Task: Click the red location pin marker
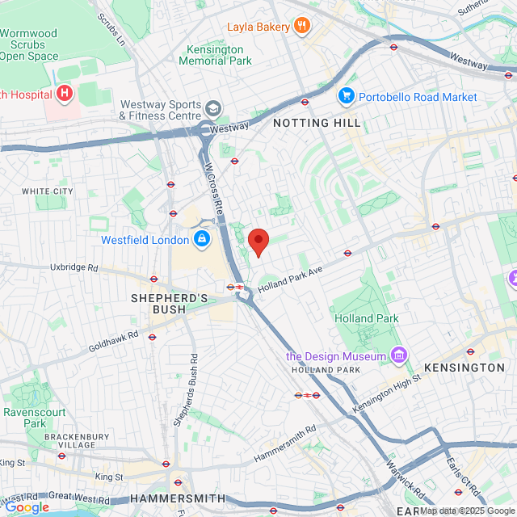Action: pyautogui.click(x=258, y=241)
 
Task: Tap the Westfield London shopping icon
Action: pyautogui.click(x=201, y=240)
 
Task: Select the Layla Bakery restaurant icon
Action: pyautogui.click(x=303, y=27)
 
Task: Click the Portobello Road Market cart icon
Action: pyautogui.click(x=347, y=97)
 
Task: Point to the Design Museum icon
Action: pyautogui.click(x=398, y=355)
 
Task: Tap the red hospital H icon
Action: pyautogui.click(x=65, y=94)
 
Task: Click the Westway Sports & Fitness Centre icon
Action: pyautogui.click(x=213, y=109)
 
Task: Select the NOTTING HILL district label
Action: pyautogui.click(x=317, y=123)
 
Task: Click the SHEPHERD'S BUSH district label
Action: pyautogui.click(x=170, y=304)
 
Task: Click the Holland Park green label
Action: pyautogui.click(x=367, y=318)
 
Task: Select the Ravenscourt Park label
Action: pyautogui.click(x=35, y=417)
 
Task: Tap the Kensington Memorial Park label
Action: pyautogui.click(x=215, y=55)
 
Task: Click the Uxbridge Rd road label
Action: pyautogui.click(x=73, y=267)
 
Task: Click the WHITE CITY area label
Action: pyautogui.click(x=47, y=191)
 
